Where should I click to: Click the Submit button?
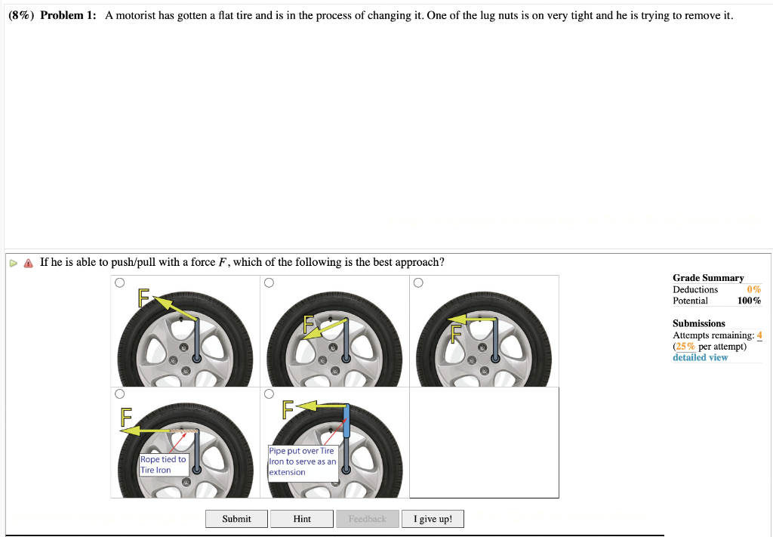(236, 519)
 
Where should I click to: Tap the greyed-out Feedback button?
(367, 519)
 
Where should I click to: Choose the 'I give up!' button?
(433, 519)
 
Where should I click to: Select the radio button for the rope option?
(119, 394)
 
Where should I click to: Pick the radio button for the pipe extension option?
(268, 394)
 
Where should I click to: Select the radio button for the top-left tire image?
(119, 283)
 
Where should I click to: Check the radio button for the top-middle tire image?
(268, 283)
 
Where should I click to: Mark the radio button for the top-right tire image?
(417, 283)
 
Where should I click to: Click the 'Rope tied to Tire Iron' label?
(163, 464)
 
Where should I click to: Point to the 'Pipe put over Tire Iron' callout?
(301, 461)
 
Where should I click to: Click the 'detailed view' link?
(700, 357)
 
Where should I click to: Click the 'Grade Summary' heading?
(708, 278)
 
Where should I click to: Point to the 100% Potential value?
(749, 301)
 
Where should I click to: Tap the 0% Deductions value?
(753, 289)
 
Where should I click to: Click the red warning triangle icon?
(29, 263)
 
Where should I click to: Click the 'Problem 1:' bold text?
(68, 16)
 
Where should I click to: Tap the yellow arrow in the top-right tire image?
(472, 319)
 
